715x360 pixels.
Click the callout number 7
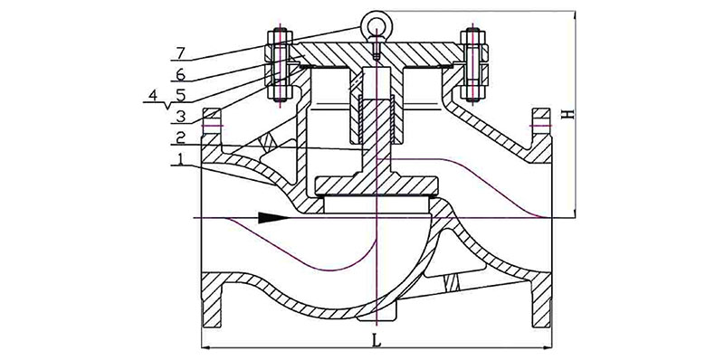[x=181, y=53]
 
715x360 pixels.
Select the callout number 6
[x=181, y=74]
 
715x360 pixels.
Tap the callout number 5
[x=181, y=95]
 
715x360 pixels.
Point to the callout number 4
[x=153, y=95]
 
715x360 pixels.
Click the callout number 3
[x=181, y=116]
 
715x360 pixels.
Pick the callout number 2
[x=181, y=137]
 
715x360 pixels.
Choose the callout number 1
[x=181, y=159]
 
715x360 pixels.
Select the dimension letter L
[x=377, y=340]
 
